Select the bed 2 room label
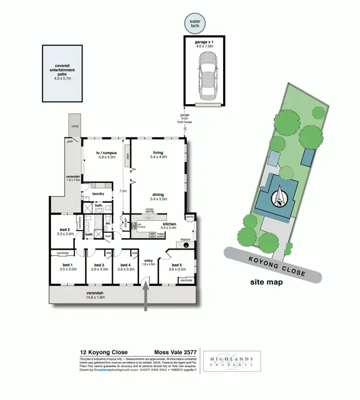[65, 231]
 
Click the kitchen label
[169, 224]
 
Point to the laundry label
[98, 194]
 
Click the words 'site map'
[266, 282]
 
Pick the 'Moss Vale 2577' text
[175, 352]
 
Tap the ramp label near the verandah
[74, 126]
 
